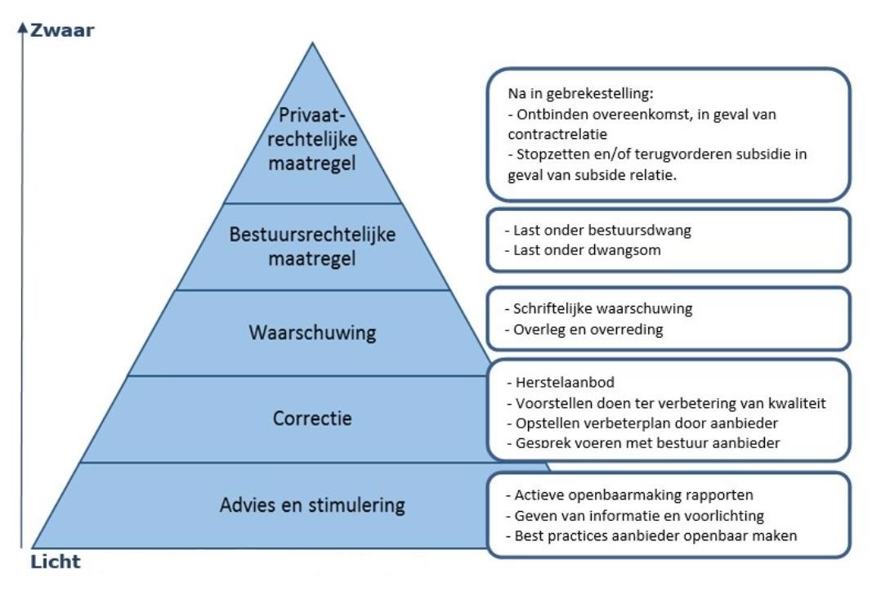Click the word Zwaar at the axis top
62,31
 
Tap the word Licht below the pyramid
55,562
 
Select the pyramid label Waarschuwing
313,333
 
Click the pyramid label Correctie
312,419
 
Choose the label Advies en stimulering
312,505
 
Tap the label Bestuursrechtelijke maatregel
313,245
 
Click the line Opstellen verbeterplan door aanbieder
636,423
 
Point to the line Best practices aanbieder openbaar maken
651,536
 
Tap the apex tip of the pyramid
313,44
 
